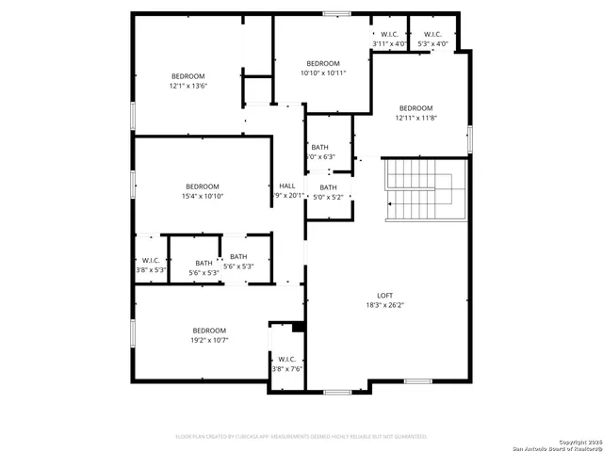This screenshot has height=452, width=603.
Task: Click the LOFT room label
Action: [384, 294]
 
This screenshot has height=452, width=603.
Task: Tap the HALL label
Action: [287, 186]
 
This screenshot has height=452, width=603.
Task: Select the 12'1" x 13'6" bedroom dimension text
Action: [187, 87]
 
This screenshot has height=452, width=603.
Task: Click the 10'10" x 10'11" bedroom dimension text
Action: [323, 73]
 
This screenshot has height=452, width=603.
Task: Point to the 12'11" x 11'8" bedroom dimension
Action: [416, 118]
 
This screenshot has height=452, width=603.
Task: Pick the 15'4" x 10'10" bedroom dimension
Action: [202, 196]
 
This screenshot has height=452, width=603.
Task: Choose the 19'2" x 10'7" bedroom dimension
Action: [209, 340]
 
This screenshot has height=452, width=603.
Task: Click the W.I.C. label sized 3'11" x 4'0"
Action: [389, 43]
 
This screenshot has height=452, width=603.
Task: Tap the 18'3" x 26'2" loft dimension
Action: [384, 304]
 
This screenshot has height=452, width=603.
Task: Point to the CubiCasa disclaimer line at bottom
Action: [301, 437]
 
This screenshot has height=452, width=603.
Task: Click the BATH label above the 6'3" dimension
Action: [320, 147]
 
